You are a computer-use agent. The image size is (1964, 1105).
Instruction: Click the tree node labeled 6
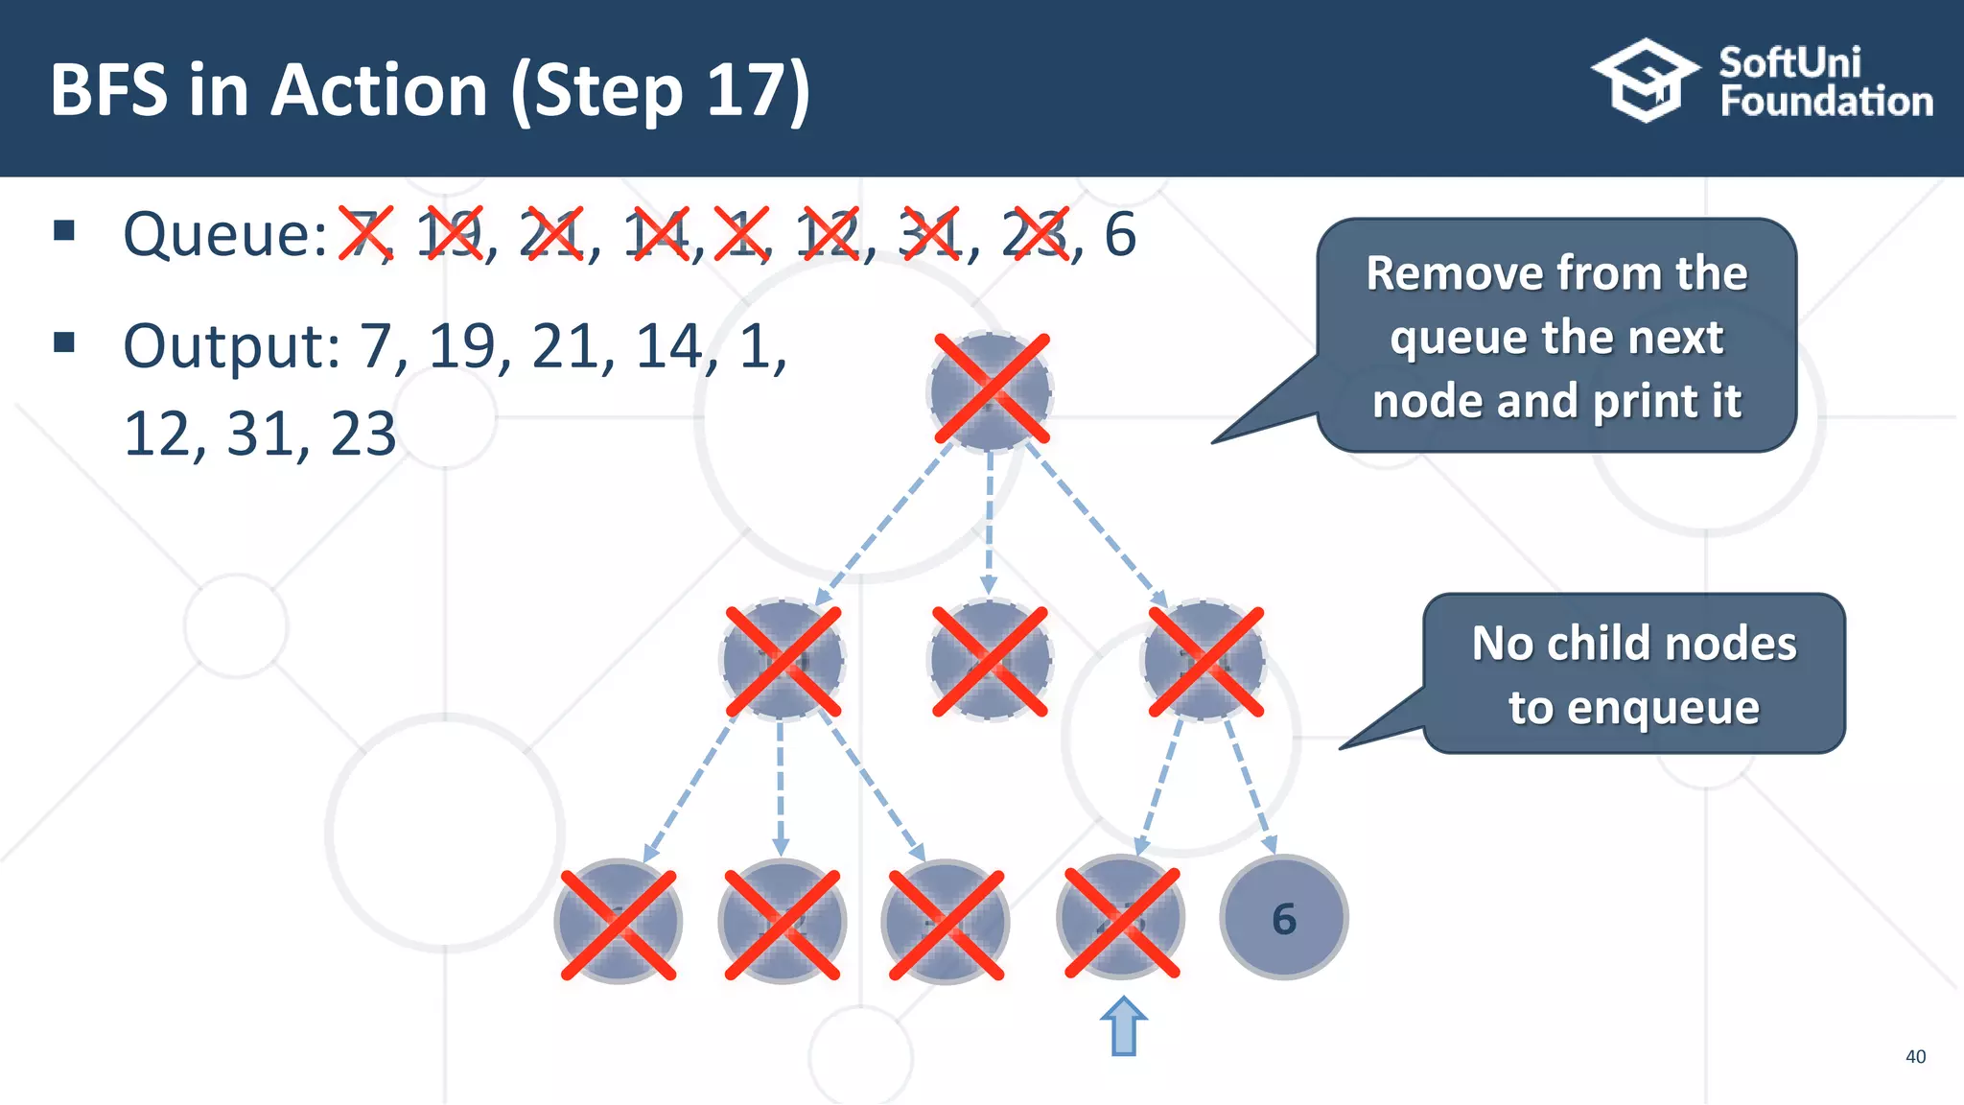pos(1283,918)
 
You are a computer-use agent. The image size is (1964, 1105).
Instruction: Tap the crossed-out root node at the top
pos(991,389)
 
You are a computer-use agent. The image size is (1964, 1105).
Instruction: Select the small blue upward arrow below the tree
pos(1123,1026)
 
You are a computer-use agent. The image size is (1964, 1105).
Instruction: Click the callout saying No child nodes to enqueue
pos(1633,674)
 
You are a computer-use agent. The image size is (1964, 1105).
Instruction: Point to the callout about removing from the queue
pos(1555,337)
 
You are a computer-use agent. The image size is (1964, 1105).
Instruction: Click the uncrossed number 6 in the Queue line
pos(1119,235)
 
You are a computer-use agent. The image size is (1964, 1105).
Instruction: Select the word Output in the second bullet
pos(231,346)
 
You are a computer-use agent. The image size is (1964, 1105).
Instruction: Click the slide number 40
pos(1914,1056)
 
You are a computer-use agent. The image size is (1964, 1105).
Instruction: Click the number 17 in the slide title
pos(743,90)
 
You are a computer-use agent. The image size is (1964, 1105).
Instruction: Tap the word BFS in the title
pos(108,90)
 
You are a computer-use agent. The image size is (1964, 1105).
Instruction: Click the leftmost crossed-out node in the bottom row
pos(619,923)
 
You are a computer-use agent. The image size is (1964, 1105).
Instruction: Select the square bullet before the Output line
pos(64,342)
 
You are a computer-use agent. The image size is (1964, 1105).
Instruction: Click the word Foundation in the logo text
pos(1825,102)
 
